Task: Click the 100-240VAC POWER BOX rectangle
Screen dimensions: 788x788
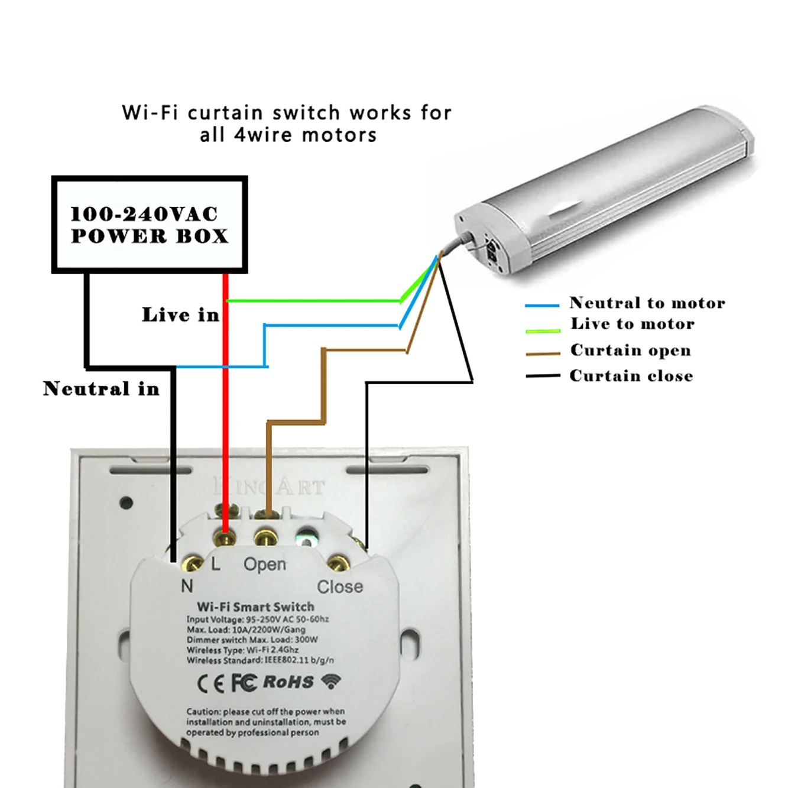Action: coord(149,225)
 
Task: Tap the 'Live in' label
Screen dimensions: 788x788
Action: coord(180,314)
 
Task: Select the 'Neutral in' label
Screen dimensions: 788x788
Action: coord(101,388)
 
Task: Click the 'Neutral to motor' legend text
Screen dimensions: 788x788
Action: coord(647,303)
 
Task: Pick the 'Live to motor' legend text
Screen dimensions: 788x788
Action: coord(633,324)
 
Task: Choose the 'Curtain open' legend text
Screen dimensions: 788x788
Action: coord(630,350)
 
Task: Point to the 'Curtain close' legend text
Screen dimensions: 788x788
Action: coord(631,376)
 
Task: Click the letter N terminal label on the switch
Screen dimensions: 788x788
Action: coord(187,586)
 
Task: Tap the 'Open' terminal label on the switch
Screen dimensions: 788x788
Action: coord(264,565)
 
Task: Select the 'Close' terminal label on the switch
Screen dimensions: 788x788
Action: coord(340,587)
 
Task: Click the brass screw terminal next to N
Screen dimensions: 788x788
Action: coord(192,564)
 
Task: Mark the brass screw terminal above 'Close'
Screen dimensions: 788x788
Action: coord(336,563)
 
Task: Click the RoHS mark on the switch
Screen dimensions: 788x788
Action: coord(288,682)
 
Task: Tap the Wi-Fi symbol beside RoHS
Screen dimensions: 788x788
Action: coord(331,682)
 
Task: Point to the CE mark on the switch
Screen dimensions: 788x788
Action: coord(210,684)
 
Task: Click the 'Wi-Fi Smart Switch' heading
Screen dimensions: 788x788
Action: coord(255,607)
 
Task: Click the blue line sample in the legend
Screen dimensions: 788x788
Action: coord(541,306)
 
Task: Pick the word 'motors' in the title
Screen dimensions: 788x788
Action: coord(339,135)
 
